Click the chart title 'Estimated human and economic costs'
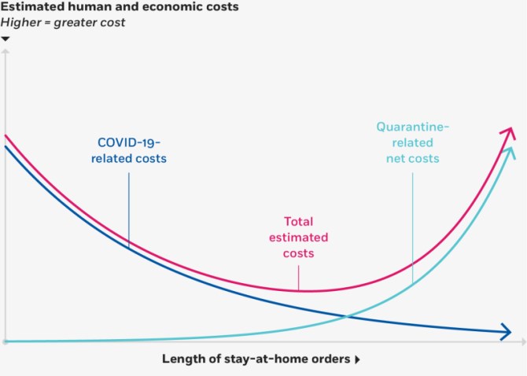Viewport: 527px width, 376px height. click(120, 6)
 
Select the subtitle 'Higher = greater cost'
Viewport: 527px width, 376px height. click(63, 23)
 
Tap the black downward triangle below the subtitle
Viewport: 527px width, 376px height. click(5, 39)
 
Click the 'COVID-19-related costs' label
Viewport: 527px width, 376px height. click(129, 150)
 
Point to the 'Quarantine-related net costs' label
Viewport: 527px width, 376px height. click(412, 142)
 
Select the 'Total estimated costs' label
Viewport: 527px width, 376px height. click(298, 238)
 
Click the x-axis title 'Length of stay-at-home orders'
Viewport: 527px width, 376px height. click(256, 359)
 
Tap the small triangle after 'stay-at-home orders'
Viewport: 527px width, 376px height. click(358, 359)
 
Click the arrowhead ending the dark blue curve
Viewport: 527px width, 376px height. click(507, 332)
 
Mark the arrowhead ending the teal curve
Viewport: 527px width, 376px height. click(510, 153)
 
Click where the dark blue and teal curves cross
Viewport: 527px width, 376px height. click(347, 316)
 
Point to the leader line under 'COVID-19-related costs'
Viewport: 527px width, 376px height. click(129, 210)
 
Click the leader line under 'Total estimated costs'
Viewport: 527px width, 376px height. click(298, 278)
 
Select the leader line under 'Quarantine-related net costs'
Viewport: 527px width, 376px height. click(412, 228)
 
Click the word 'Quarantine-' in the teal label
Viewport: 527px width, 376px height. click(412, 127)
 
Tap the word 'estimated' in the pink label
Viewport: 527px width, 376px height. click(298, 238)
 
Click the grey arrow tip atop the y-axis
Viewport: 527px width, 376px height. click(5, 50)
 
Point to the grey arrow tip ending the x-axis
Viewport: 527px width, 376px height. click(524, 341)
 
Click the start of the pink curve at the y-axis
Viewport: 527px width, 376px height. click(5, 135)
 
